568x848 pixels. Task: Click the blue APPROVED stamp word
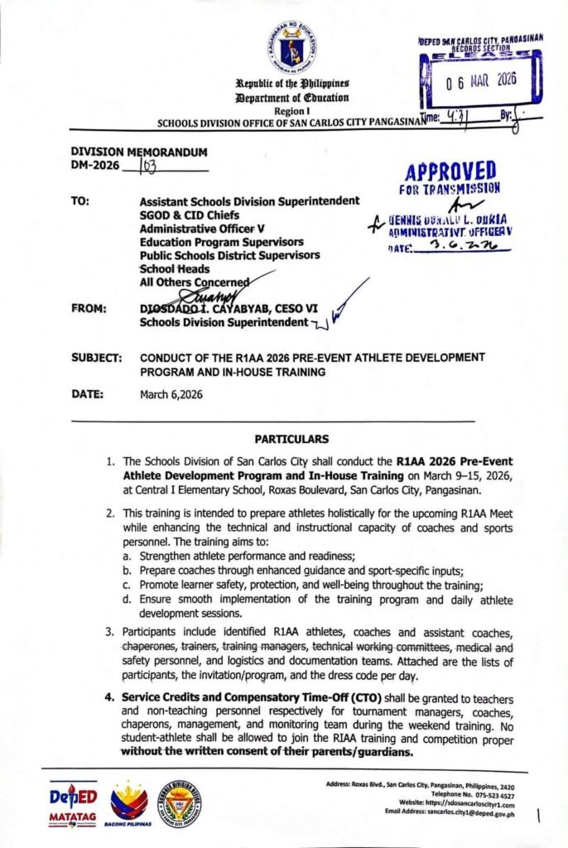pyautogui.click(x=450, y=171)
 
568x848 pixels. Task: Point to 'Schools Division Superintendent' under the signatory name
pyautogui.click(x=224, y=322)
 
